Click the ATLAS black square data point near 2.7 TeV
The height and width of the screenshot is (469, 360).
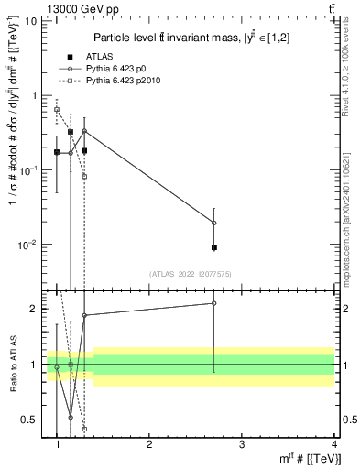(x=214, y=247)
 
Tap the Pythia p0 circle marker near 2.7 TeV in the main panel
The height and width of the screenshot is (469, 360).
(x=214, y=223)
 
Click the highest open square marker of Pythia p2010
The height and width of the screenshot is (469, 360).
(x=57, y=110)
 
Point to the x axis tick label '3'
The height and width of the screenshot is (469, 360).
(x=242, y=444)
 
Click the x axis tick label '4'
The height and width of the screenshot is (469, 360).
(x=333, y=444)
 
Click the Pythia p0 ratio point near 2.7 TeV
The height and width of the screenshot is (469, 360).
(x=214, y=303)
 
